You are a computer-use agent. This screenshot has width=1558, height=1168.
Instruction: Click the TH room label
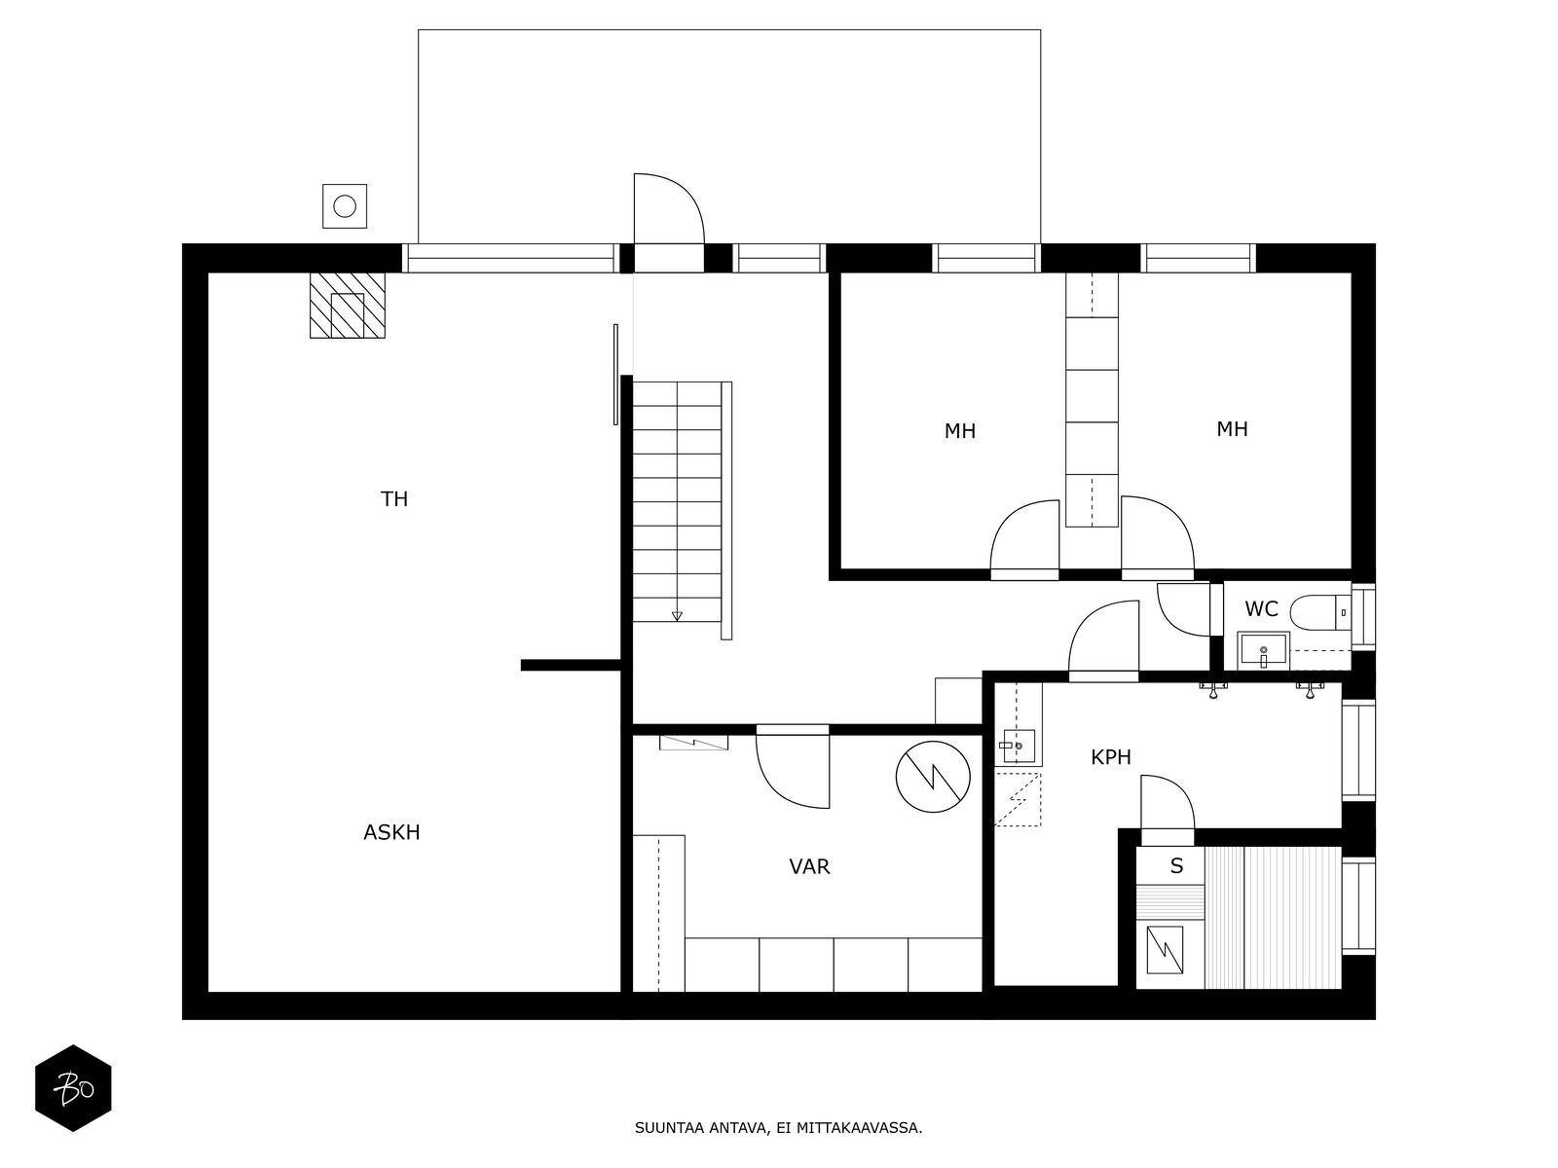(x=394, y=499)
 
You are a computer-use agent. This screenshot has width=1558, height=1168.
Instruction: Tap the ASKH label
(x=391, y=832)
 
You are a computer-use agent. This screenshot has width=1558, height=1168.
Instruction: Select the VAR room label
(x=809, y=866)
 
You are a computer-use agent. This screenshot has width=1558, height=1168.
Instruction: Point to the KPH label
(x=1111, y=757)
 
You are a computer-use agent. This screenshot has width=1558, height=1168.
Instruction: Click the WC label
(x=1261, y=609)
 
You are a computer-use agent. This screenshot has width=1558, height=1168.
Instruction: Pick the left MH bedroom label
(x=960, y=431)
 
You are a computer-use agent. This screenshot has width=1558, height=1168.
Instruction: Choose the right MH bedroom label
(x=1232, y=429)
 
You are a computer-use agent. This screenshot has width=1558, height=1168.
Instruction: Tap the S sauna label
(x=1177, y=866)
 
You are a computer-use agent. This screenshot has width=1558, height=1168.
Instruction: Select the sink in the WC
(x=1263, y=650)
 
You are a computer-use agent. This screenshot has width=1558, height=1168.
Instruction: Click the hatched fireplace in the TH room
(x=347, y=305)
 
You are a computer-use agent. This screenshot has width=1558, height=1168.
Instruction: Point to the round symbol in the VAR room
(x=933, y=778)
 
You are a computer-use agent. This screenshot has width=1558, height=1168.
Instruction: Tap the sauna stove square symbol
(x=1165, y=950)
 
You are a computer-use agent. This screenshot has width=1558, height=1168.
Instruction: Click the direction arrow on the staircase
(x=677, y=615)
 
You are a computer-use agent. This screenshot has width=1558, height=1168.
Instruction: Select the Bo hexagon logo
(x=74, y=1088)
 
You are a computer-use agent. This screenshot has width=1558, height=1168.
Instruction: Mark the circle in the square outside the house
(x=345, y=206)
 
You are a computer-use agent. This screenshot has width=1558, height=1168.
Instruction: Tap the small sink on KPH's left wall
(x=1019, y=746)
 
